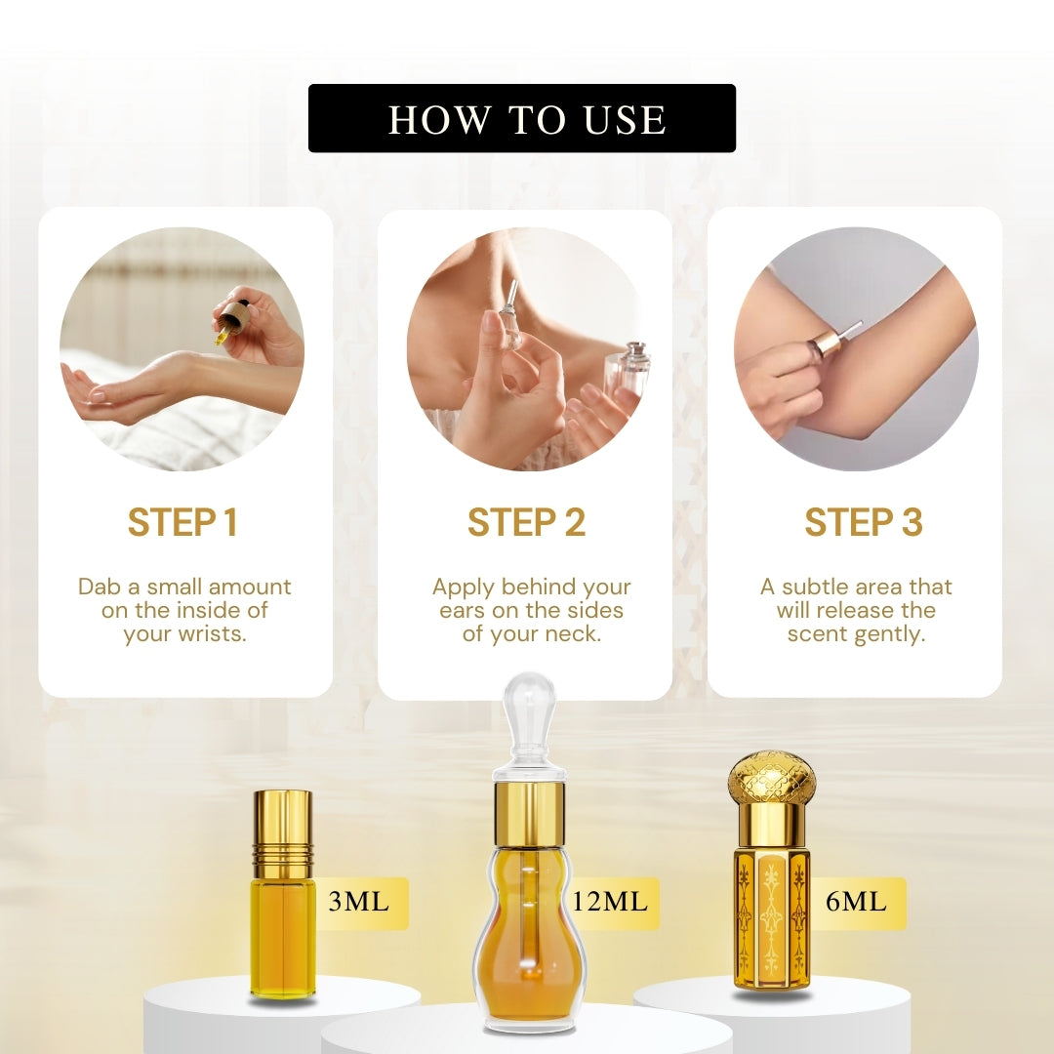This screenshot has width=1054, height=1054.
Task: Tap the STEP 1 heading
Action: click(x=182, y=523)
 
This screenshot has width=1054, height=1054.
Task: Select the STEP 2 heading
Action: click(x=526, y=523)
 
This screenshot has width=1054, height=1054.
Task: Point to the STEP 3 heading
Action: click(x=863, y=523)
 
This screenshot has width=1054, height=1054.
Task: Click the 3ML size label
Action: click(x=358, y=902)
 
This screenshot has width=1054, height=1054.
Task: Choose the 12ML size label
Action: click(x=610, y=902)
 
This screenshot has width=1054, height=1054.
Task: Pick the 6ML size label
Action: click(x=856, y=902)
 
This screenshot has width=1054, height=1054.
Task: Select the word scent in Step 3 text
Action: click(x=818, y=634)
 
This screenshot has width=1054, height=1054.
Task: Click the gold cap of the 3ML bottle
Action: click(x=282, y=821)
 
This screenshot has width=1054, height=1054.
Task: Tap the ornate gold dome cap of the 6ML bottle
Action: click(x=772, y=777)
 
